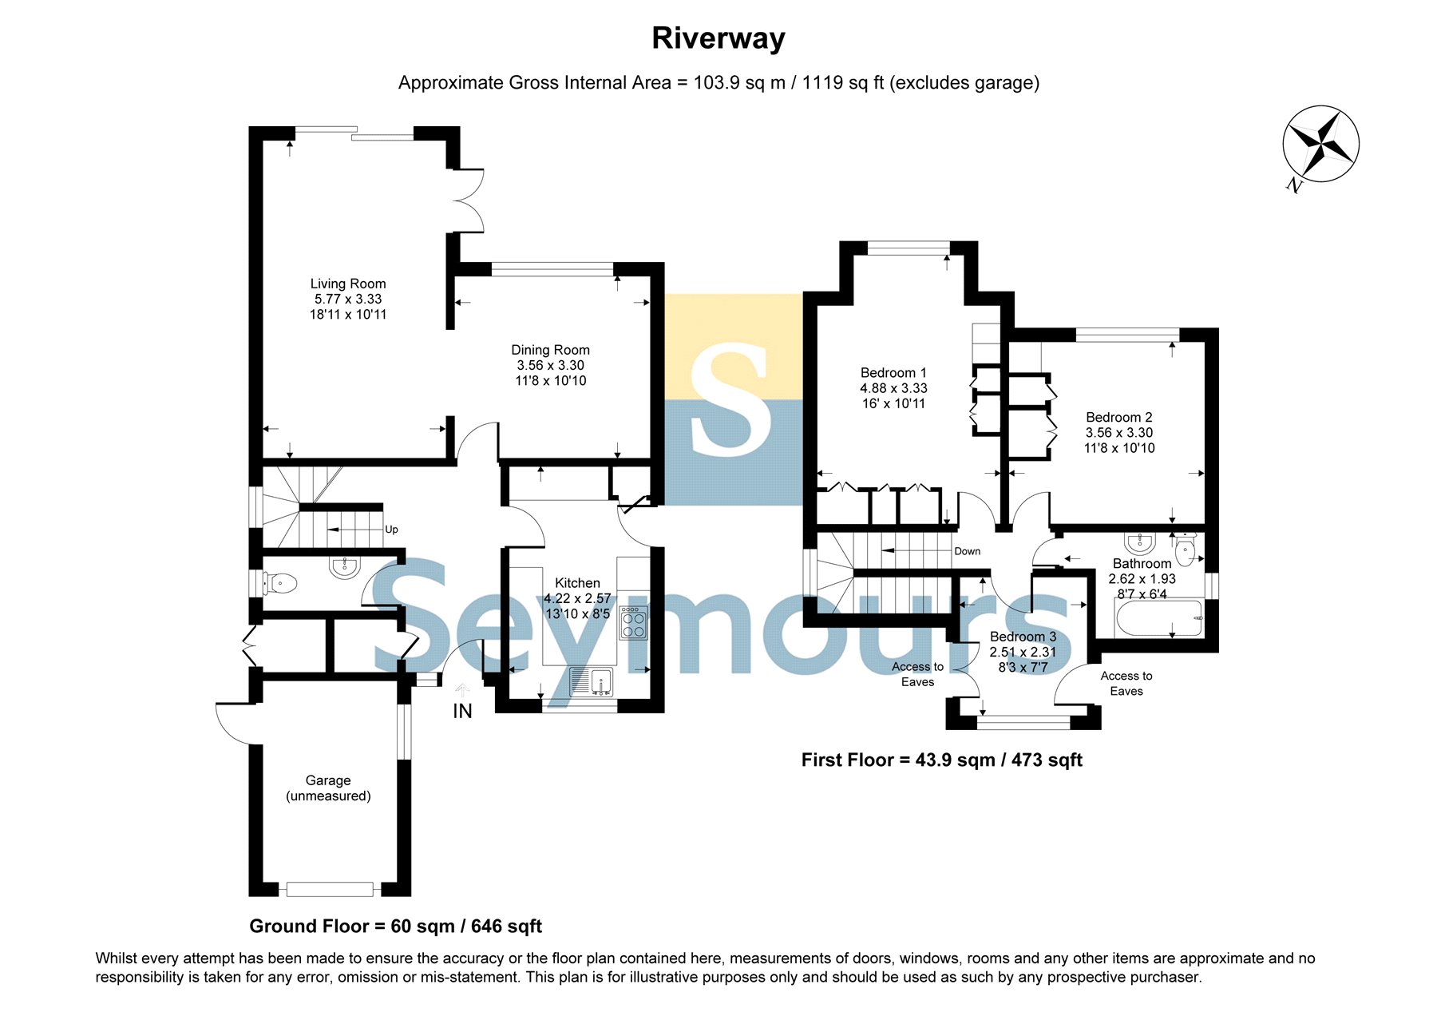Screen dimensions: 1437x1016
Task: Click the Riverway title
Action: [x=718, y=39]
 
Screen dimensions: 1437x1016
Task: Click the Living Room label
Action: [x=348, y=284]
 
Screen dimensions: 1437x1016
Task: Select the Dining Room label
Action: [x=551, y=350]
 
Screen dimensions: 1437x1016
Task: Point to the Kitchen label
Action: [x=577, y=583]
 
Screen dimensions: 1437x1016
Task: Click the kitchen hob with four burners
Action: [x=634, y=624]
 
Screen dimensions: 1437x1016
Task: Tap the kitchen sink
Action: [x=591, y=681]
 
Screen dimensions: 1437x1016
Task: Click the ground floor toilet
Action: [x=280, y=583]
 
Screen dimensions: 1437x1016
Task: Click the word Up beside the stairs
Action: [x=391, y=530]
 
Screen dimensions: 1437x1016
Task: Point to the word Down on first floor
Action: [x=967, y=551]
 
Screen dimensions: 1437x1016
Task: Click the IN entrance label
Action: [x=462, y=711]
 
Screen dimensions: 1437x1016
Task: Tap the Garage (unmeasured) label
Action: [x=328, y=788]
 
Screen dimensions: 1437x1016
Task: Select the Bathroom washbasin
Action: [x=1140, y=543]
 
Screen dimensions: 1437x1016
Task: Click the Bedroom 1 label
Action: [x=893, y=373]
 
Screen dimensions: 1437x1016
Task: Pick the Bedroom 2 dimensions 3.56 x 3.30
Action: [x=1119, y=433]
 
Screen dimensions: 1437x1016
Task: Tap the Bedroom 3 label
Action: [x=1023, y=637]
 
